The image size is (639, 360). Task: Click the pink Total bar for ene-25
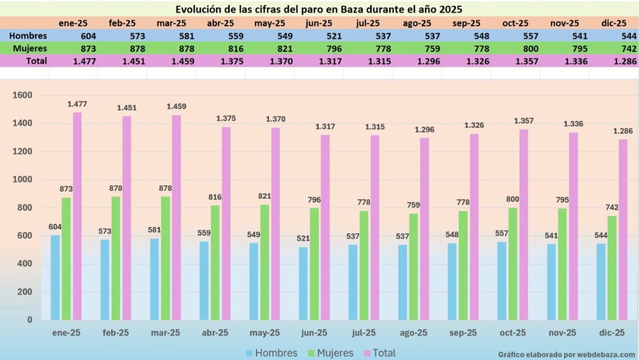[77, 216]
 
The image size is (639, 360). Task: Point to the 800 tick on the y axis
[24, 208]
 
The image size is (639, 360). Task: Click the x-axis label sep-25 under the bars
[463, 333]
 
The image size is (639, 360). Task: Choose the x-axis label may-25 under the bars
[265, 333]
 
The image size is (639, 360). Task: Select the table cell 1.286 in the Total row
[624, 61]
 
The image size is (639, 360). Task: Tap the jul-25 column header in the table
[369, 23]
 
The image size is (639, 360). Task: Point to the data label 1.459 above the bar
[176, 107]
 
